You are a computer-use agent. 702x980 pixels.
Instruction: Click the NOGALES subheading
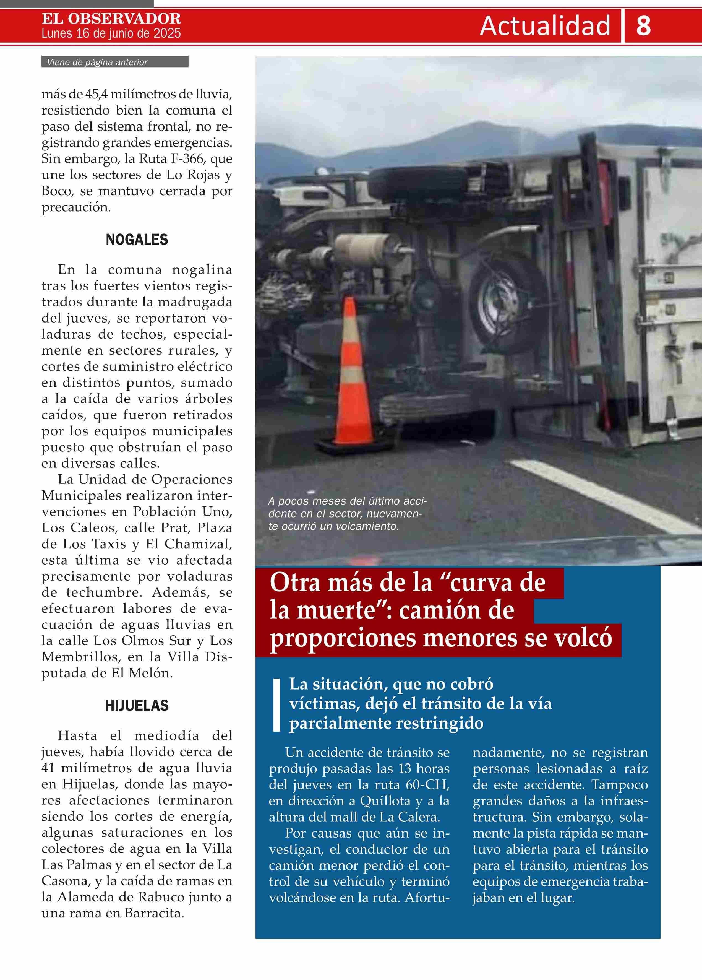coord(137,240)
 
